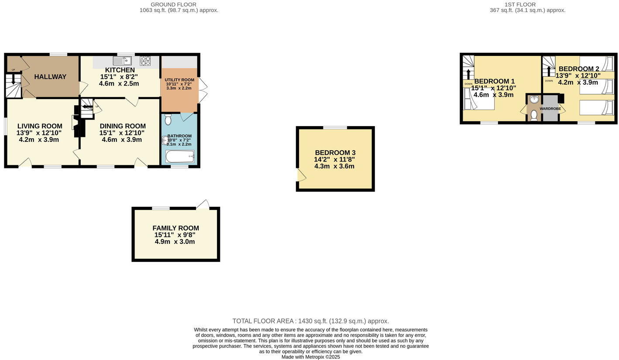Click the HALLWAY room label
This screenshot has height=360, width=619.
pos(50,77)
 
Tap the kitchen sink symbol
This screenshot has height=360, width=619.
pos(122,61)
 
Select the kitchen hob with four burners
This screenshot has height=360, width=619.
pos(145,61)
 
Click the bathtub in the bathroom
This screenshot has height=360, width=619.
pos(180,156)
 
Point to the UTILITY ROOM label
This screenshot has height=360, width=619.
pos(179,80)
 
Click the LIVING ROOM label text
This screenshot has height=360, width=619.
pos(40,126)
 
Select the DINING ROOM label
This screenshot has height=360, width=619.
pos(123,126)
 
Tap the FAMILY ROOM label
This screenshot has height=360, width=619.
pos(175,228)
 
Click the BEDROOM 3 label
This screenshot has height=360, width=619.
pos(335,153)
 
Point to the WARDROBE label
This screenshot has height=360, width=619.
pos(550,109)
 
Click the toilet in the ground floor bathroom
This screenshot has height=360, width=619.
pos(168,119)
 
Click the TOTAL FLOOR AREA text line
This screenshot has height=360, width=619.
pos(310,321)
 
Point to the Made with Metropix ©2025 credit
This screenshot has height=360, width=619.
pos(310,357)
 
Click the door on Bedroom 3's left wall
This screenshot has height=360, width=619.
pos(301,175)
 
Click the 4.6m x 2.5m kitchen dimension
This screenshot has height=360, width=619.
pos(119,84)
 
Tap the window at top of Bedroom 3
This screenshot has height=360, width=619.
pos(335,127)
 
